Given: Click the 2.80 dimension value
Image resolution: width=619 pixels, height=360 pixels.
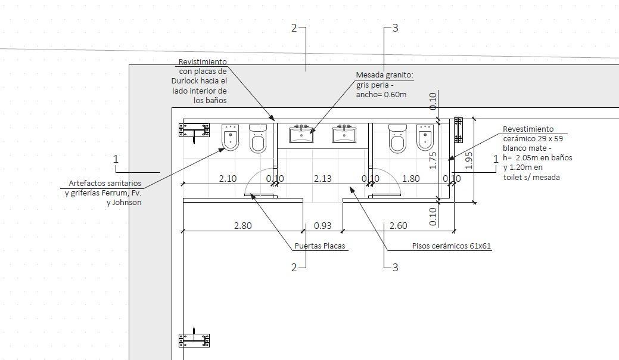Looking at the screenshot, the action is tap(243, 226).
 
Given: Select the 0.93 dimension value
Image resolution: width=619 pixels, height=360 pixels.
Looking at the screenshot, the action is tap(322, 226).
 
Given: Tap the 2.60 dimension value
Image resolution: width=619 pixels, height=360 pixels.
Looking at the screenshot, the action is tap(399, 226).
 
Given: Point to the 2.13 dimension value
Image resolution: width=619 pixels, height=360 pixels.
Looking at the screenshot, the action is tap(322, 179).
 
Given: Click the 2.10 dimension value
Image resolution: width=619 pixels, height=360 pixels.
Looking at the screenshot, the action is tap(228, 179).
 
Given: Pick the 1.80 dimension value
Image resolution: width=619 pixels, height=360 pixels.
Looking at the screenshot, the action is tap(410, 179).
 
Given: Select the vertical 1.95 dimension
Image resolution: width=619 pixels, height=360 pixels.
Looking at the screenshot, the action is tap(469, 161).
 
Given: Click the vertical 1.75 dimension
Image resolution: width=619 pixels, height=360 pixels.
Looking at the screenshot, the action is tap(433, 161).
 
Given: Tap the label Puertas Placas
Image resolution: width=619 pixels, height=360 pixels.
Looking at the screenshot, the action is tap(320, 246).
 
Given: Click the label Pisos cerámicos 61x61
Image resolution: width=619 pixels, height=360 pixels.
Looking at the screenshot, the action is tap(452, 246).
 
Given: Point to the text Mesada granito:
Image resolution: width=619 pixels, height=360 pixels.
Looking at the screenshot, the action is tap(385, 75).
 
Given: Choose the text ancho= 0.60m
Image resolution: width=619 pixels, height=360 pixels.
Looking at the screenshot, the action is tap(381, 95).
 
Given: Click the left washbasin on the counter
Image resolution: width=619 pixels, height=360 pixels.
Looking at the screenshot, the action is tap(301, 134).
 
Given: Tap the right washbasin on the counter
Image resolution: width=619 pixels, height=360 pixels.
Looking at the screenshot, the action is tap(344, 134).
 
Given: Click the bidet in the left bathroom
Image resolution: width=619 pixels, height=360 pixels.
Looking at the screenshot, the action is tap(231, 138).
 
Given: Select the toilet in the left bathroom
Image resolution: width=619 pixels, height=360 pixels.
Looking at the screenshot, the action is tap(258, 138).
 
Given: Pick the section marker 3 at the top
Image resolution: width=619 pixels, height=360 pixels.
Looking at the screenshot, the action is tap(395, 28).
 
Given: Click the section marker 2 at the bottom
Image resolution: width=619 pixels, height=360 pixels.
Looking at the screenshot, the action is tap(294, 268).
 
